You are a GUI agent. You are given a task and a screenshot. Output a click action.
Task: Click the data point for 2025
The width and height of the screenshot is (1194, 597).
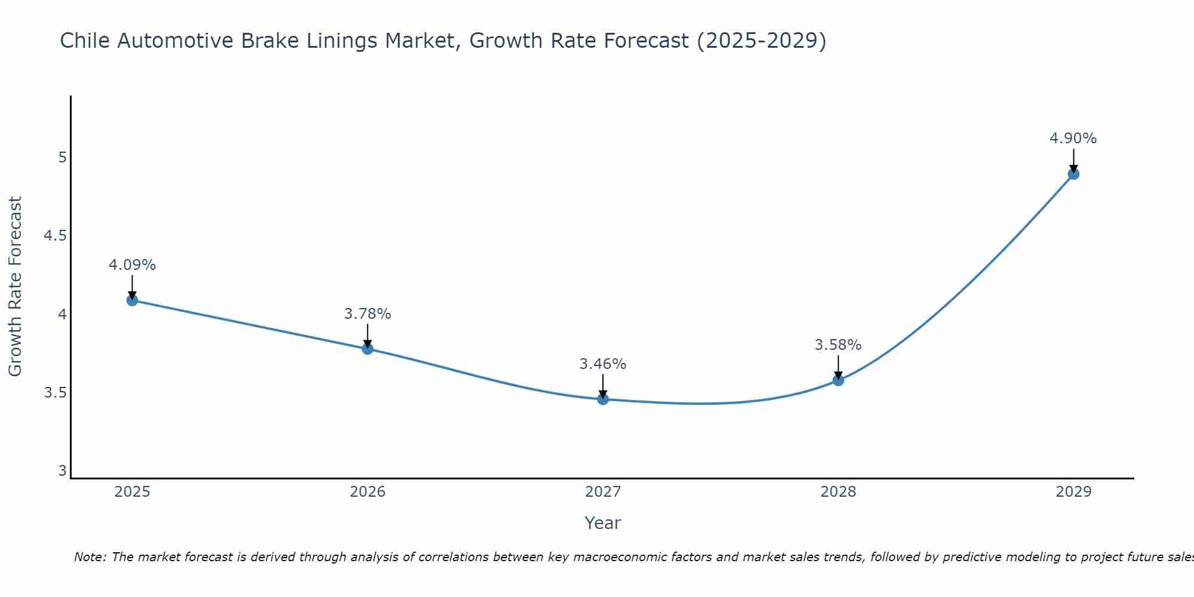point(133,300)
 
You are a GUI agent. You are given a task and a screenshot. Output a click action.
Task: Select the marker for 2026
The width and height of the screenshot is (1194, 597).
point(368,349)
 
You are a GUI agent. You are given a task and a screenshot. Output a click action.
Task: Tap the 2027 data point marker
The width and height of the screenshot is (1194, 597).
point(603,399)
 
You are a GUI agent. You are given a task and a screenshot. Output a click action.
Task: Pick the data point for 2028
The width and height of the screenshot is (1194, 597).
point(838,380)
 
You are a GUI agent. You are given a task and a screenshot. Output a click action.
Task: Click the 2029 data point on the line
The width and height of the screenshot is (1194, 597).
point(1073,174)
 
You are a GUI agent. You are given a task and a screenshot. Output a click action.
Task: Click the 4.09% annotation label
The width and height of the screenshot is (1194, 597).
point(133,265)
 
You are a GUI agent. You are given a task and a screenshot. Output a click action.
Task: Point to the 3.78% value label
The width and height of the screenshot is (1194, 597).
point(368,314)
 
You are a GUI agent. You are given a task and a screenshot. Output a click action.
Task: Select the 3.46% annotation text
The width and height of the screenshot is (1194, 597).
point(603,364)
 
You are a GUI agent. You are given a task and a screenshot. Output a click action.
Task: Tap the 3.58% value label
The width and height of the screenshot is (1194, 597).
point(838,345)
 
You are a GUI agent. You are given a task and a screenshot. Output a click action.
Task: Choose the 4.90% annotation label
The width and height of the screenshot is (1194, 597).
point(1073,139)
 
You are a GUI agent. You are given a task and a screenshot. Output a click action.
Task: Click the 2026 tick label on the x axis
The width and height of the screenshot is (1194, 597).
point(368,492)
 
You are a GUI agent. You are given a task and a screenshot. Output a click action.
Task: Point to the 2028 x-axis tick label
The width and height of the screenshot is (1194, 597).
point(838,492)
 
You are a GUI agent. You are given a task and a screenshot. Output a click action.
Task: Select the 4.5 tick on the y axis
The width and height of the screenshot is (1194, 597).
point(55,236)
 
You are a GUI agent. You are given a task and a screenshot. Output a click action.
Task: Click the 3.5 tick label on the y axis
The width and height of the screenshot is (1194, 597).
point(55,393)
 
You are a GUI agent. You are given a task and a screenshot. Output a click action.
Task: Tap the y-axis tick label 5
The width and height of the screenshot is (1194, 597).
point(62,158)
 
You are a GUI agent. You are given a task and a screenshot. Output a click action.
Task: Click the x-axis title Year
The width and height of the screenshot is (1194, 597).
point(603,523)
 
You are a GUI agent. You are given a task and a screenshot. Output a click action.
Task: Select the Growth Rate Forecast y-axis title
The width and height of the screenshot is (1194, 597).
point(15,287)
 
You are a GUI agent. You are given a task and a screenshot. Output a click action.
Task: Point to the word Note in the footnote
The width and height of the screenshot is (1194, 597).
point(90,557)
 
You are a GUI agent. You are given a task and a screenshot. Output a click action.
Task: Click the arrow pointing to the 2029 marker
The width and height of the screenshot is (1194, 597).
point(1073,160)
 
